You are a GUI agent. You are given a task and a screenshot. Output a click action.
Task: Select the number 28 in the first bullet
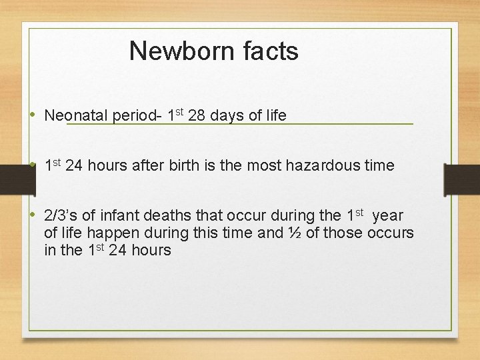197,115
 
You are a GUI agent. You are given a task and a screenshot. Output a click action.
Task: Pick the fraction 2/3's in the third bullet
61,216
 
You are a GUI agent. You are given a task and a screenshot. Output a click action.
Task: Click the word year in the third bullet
388,216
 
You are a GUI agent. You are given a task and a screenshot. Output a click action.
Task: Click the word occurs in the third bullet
393,233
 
